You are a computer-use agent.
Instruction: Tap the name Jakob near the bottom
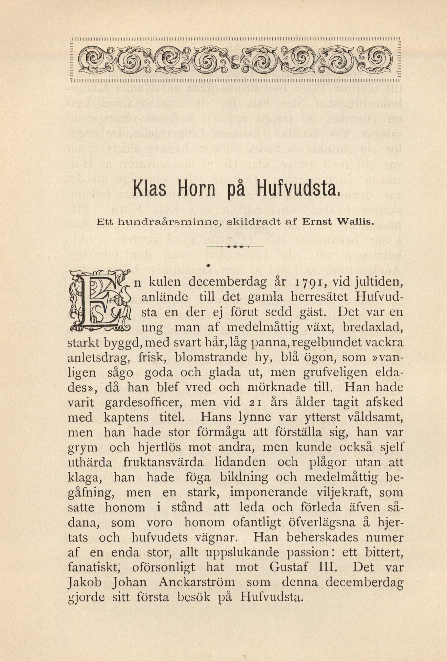(81, 582)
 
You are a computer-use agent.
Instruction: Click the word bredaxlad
(373, 328)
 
